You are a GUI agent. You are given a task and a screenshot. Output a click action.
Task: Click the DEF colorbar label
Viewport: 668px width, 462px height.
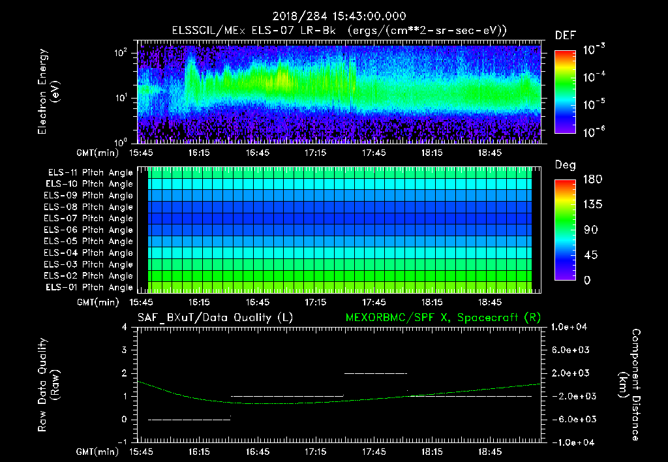(565, 35)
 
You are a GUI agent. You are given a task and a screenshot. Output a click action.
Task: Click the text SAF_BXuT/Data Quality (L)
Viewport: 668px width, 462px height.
(215, 317)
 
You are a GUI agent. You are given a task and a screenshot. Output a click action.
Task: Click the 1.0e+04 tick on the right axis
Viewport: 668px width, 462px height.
(571, 327)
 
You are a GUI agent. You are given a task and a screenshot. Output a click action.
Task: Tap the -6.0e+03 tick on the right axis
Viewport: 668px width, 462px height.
(571, 419)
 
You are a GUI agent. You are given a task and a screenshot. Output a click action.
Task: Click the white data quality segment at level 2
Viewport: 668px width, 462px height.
(375, 373)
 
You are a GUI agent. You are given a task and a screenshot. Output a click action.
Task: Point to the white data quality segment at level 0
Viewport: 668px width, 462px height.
(189, 419)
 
